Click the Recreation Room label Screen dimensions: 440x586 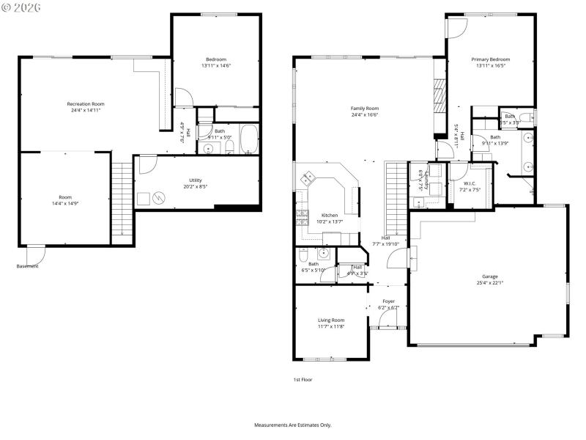tap(86, 104)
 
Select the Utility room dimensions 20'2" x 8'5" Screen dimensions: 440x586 tap(196, 186)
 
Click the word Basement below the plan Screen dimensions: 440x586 tap(28, 266)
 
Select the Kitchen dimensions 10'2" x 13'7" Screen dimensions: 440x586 tap(328, 221)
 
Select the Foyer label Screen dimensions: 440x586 tap(388, 301)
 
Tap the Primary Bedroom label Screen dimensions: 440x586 tap(490, 59)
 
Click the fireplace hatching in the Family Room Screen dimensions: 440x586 tap(439, 95)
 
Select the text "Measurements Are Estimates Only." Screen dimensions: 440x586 tap(293, 425)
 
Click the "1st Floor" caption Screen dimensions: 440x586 tap(303, 380)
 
